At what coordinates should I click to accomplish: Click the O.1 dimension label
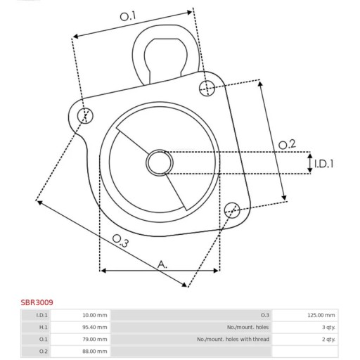click(128, 16)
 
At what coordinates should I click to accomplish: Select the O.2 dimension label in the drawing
click(287, 144)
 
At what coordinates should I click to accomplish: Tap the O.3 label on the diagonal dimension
click(120, 240)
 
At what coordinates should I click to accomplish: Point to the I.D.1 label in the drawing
click(323, 163)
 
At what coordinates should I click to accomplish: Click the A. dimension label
click(162, 264)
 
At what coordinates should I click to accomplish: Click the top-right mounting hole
click(207, 88)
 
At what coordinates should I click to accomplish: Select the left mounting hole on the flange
click(85, 115)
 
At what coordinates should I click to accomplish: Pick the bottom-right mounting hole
click(232, 210)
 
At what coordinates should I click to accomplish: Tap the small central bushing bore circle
click(160, 162)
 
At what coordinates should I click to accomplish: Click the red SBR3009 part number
click(37, 302)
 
